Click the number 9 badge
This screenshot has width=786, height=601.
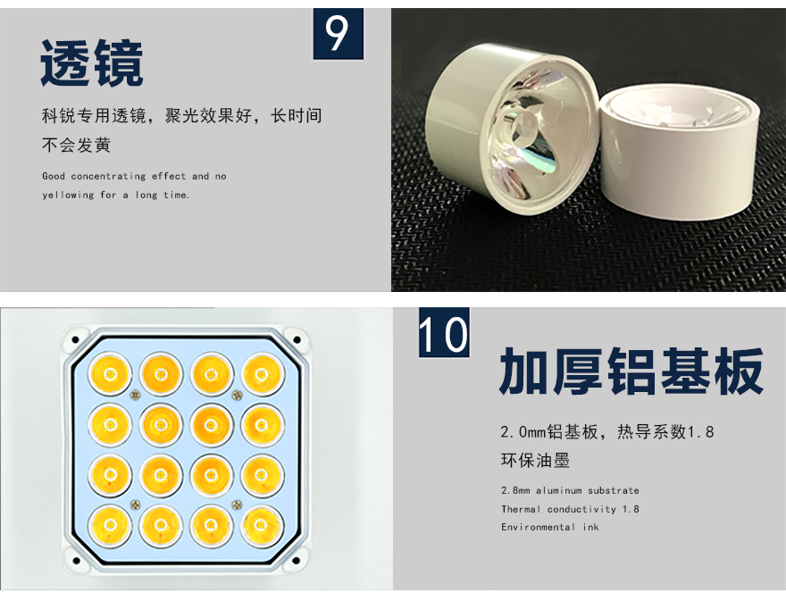[339, 34]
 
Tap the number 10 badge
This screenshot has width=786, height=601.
[444, 332]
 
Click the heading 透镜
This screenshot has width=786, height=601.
[92, 63]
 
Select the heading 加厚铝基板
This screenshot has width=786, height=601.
[631, 371]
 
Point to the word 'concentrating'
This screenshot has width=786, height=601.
[108, 177]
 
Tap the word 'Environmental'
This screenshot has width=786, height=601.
[538, 527]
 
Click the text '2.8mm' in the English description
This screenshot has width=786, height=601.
[515, 491]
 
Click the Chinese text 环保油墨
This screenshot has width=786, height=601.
[535, 460]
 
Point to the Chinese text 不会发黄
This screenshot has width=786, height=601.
[76, 146]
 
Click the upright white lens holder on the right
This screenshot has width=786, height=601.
[681, 153]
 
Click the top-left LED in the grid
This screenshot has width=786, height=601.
[110, 374]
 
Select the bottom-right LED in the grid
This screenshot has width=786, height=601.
[261, 525]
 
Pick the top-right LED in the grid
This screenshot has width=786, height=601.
[262, 374]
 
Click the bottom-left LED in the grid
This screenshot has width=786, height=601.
[110, 525]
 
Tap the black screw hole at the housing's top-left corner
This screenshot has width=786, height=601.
[76, 340]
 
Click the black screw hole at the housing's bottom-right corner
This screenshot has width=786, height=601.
[297, 561]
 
